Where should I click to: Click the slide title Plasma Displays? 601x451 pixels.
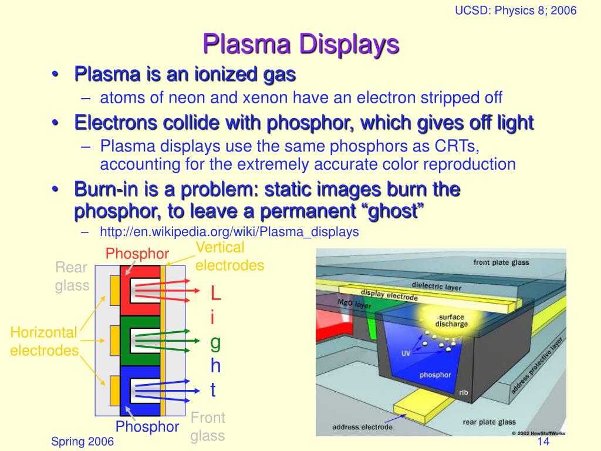pyautogui.click(x=300, y=44)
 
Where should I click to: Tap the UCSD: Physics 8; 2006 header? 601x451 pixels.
pyautogui.click(x=516, y=11)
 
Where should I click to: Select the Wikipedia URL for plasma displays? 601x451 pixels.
pyautogui.click(x=229, y=232)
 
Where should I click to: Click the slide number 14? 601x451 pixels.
pyautogui.click(x=542, y=442)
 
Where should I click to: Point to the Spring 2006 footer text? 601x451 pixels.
pyautogui.click(x=82, y=442)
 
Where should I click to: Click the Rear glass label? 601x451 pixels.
pyautogui.click(x=72, y=277)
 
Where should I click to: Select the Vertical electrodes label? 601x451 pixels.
pyautogui.click(x=229, y=257)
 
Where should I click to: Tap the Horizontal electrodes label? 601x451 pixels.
pyautogui.click(x=44, y=342)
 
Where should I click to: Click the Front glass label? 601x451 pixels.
pyautogui.click(x=208, y=427)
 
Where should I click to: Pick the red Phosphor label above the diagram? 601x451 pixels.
pyautogui.click(x=137, y=254)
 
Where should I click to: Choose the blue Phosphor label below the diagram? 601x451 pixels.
pyautogui.click(x=147, y=427)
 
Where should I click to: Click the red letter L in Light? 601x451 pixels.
pyautogui.click(x=215, y=292)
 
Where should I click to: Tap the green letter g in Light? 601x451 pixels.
pyautogui.click(x=215, y=342)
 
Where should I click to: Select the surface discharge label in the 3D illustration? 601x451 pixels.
pyautogui.click(x=451, y=321)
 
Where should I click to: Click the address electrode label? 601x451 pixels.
pyautogui.click(x=362, y=427)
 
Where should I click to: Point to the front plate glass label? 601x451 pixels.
pyautogui.click(x=501, y=262)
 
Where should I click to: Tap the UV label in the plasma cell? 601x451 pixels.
pyautogui.click(x=406, y=353)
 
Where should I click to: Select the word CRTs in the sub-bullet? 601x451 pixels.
pyautogui.click(x=458, y=146)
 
